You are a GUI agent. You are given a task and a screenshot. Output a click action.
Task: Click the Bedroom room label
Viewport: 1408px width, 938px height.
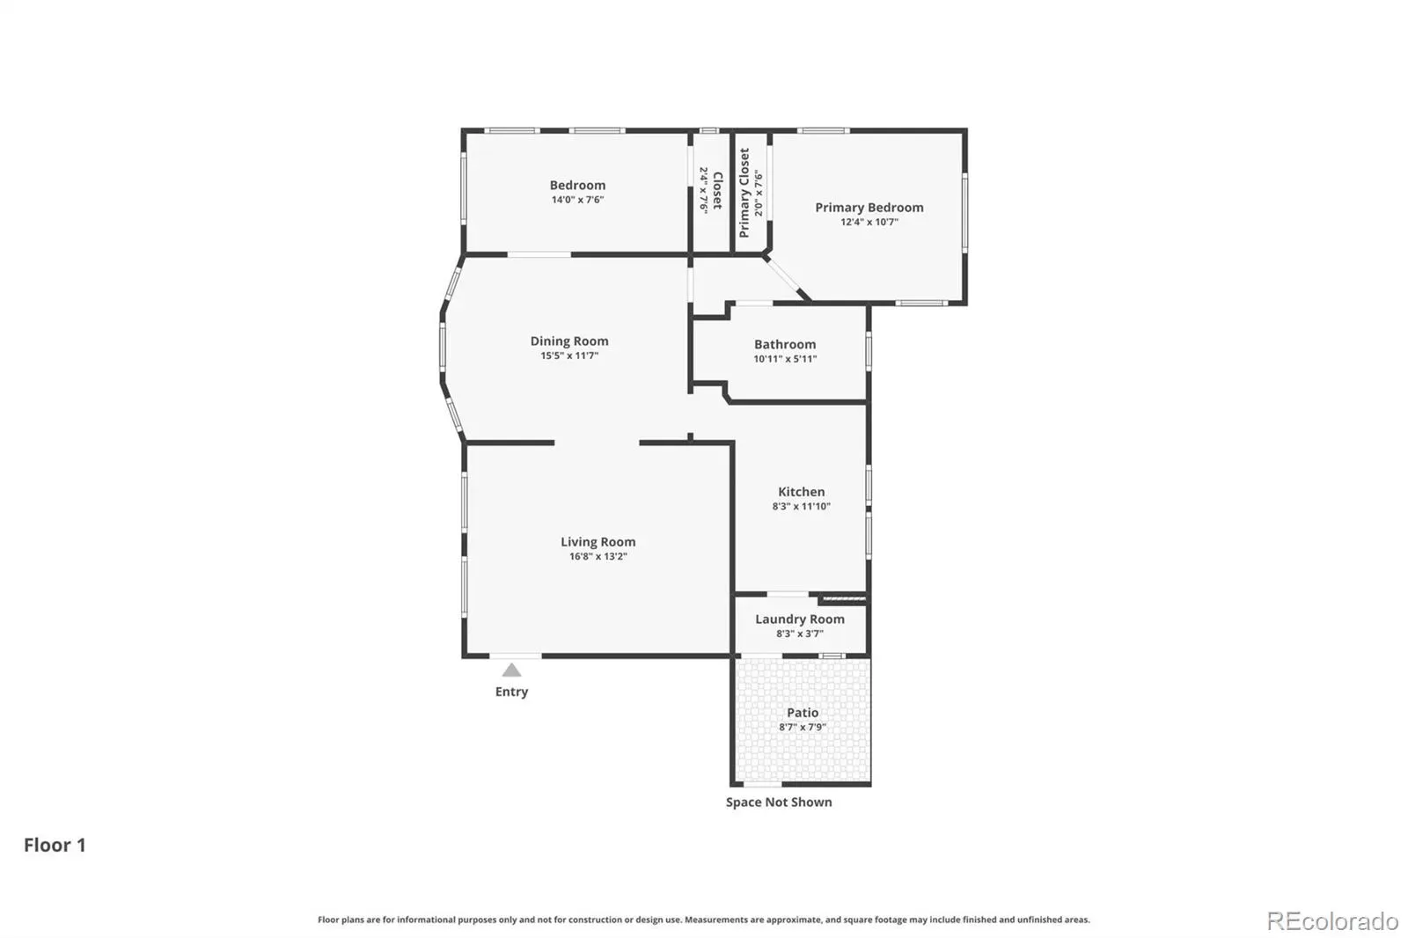(577, 185)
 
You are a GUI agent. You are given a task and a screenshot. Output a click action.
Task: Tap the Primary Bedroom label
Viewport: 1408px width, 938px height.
(869, 208)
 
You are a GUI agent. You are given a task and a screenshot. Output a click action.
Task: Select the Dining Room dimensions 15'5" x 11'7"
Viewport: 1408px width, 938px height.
(569, 355)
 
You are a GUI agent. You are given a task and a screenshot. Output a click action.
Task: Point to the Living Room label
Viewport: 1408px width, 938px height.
(598, 542)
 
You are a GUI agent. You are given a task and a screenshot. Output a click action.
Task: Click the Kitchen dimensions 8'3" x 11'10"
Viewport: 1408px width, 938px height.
(802, 507)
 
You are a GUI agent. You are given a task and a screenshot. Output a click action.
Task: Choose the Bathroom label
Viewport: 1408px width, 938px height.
(785, 345)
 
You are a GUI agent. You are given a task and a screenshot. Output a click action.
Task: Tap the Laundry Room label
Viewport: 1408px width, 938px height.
(800, 619)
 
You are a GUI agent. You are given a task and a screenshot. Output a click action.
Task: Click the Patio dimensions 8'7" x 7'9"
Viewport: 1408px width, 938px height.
(803, 728)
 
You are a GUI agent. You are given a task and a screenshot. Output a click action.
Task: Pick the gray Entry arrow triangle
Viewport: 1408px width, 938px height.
(511, 671)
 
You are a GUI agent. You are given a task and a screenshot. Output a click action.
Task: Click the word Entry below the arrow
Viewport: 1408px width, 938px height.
(511, 692)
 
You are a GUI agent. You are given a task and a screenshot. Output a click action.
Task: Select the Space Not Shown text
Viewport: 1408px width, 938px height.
(779, 802)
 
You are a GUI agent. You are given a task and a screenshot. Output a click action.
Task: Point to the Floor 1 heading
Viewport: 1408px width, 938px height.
(55, 845)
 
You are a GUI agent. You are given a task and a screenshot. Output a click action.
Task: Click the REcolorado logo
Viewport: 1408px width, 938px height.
(1332, 921)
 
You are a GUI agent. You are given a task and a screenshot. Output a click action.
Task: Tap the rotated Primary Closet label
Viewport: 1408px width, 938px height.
(744, 193)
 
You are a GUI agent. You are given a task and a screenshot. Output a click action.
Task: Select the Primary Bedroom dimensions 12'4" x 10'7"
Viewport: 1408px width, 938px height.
(869, 222)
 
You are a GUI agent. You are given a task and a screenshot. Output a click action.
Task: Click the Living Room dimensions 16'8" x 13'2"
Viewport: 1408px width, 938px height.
(598, 556)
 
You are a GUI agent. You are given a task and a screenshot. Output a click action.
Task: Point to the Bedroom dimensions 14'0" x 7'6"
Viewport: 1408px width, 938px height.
(577, 200)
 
